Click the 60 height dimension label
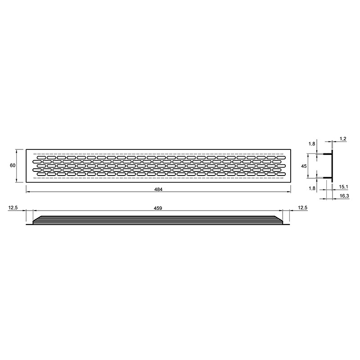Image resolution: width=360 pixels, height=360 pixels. tap(13, 165)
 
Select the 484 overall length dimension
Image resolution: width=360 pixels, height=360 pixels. tap(158, 189)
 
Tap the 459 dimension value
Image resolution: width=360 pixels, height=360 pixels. tap(158, 208)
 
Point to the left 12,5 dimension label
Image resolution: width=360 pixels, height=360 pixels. tap(13, 208)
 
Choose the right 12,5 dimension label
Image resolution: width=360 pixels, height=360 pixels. tap(302, 208)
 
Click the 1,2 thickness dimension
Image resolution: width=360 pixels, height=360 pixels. tap(343, 139)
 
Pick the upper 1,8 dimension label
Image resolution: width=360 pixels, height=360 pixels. tap(312, 144)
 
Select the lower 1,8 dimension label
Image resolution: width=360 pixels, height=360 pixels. tap(312, 189)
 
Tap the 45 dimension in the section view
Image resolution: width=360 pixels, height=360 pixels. tap(304, 166)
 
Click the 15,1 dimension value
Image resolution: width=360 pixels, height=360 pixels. tap(343, 187)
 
